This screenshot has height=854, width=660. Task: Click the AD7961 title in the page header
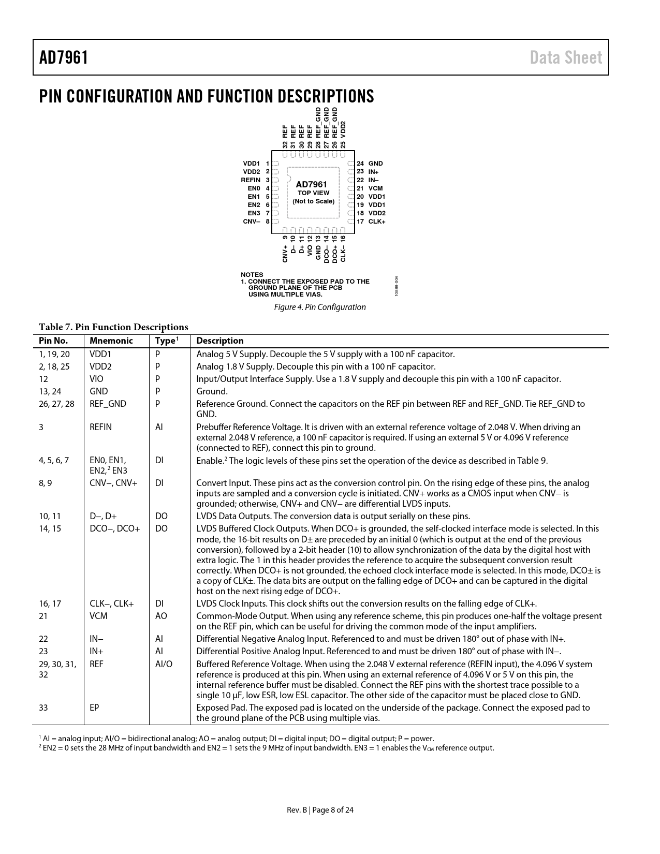[64, 57]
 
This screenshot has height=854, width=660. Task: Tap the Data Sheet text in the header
[566, 57]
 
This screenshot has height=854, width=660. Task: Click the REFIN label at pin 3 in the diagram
[251, 180]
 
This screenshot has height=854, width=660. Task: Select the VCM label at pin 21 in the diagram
[376, 188]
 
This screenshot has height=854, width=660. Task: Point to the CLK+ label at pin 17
[377, 222]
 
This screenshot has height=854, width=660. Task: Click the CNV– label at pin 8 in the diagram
[252, 222]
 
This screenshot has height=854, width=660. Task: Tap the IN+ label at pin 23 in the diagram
[374, 172]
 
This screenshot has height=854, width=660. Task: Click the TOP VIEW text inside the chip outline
[313, 193]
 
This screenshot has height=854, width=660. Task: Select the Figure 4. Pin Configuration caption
[319, 307]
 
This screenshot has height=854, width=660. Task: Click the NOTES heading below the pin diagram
[252, 275]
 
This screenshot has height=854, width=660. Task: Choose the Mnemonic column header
[111, 341]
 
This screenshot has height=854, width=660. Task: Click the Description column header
[219, 341]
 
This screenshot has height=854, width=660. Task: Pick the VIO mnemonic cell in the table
[96, 379]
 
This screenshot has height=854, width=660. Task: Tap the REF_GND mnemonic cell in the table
[108, 404]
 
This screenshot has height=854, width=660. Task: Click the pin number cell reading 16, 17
[50, 603]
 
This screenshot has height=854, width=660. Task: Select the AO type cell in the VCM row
[161, 616]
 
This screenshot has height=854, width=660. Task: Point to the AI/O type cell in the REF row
[164, 664]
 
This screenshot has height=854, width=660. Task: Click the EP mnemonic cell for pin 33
[94, 708]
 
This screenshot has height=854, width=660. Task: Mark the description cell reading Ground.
[212, 391]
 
